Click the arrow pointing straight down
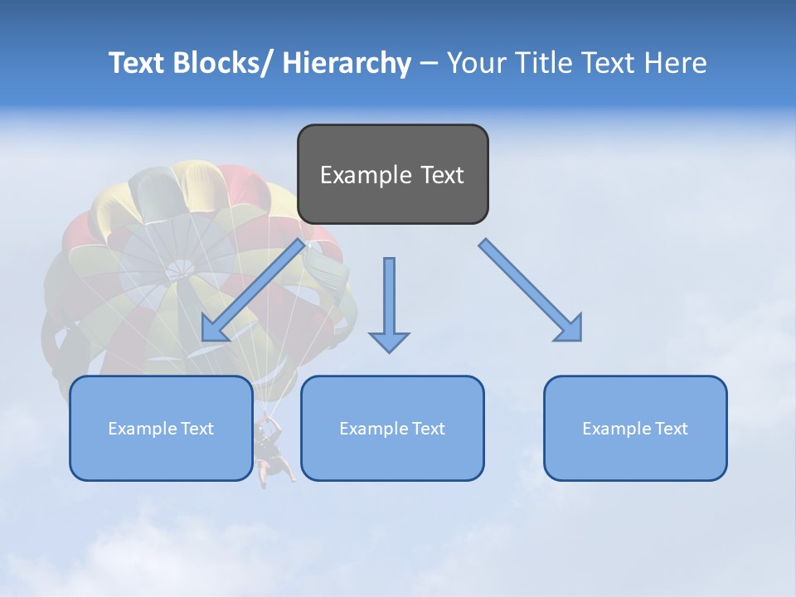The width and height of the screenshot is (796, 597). (x=389, y=298)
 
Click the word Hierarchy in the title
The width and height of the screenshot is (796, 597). (x=347, y=63)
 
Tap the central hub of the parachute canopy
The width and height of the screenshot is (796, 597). (x=178, y=269)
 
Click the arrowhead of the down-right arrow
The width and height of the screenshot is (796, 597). (x=570, y=329)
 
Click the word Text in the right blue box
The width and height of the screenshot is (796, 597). (x=672, y=429)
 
